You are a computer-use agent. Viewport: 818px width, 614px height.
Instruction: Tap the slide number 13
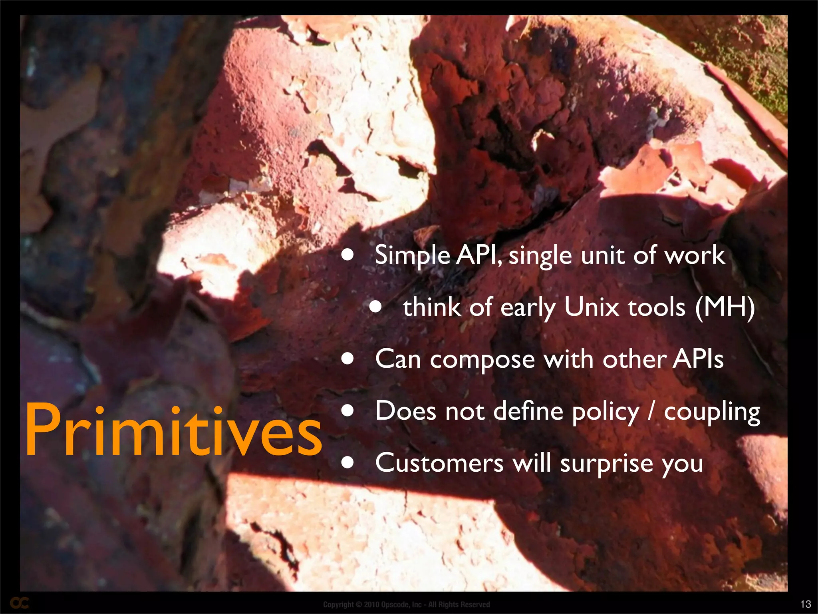(x=806, y=604)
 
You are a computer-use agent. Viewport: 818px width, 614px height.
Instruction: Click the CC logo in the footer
(x=19, y=603)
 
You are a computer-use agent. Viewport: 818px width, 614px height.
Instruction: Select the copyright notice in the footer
(x=406, y=604)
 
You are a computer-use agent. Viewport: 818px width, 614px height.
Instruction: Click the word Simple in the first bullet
(x=412, y=256)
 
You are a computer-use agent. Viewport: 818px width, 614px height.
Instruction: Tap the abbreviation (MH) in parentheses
(x=725, y=307)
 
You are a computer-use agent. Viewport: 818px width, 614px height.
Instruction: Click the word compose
(x=482, y=360)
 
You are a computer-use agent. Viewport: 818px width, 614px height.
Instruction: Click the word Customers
(x=439, y=463)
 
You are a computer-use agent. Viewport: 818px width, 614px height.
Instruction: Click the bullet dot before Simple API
(x=348, y=255)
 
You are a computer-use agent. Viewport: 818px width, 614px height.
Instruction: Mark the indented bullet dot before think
(x=375, y=307)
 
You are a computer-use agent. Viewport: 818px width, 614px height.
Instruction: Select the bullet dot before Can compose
(x=348, y=359)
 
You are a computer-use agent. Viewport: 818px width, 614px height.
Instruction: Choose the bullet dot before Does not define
(x=348, y=411)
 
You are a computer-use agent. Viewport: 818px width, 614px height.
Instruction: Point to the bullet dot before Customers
(x=348, y=462)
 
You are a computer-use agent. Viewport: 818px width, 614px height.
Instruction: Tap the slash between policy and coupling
(x=651, y=412)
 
